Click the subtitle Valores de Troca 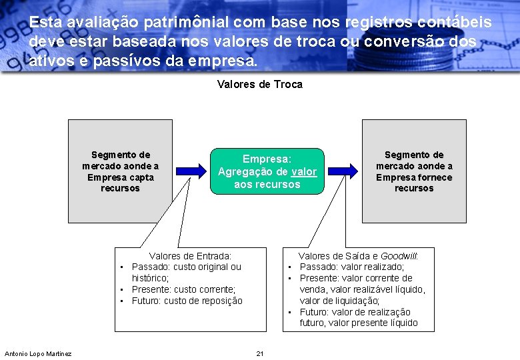[260, 85]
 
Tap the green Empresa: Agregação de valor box [267, 171]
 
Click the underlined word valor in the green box [304, 172]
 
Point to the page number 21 [260, 353]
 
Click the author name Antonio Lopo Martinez [38, 353]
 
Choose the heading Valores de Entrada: [190, 256]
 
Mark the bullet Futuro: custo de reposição [187, 301]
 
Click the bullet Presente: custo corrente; [183, 289]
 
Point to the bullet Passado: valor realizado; [351, 267]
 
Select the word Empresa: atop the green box [267, 160]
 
